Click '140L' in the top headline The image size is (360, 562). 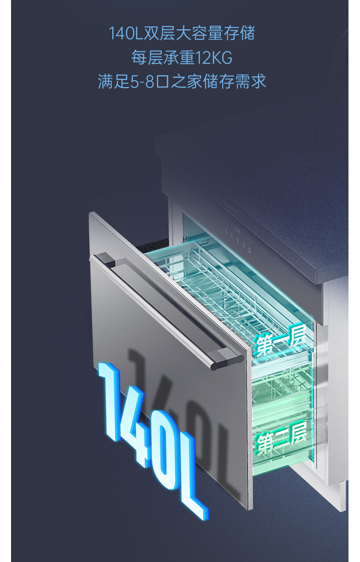click(126, 33)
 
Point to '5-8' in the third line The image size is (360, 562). click(142, 81)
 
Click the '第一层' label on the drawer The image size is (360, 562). click(280, 342)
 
